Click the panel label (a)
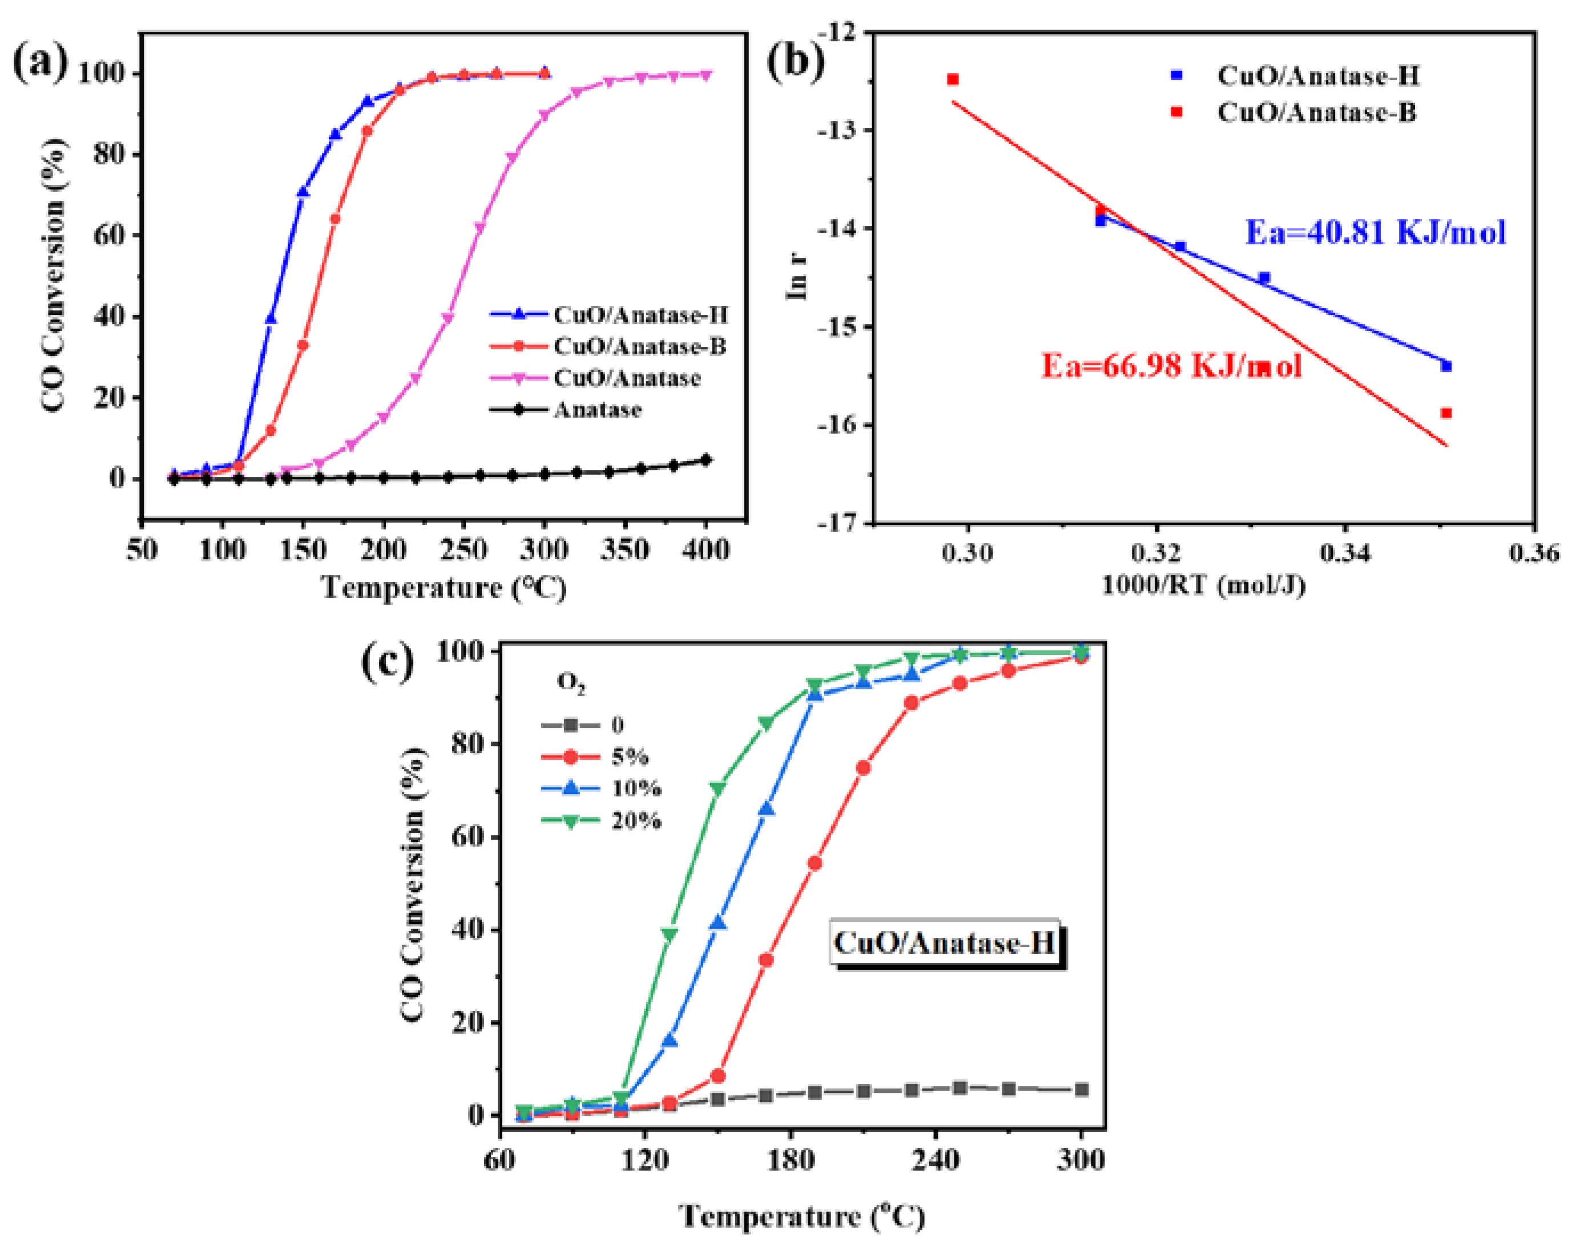click(x=40, y=63)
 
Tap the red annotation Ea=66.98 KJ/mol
click(x=1171, y=365)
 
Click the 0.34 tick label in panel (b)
click(x=1344, y=553)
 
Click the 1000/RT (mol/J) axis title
click(x=1203, y=585)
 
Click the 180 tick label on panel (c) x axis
click(x=791, y=1158)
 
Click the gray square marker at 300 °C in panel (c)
click(x=1081, y=1090)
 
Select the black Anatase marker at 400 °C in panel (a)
click(x=705, y=460)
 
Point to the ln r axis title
click(x=797, y=277)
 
